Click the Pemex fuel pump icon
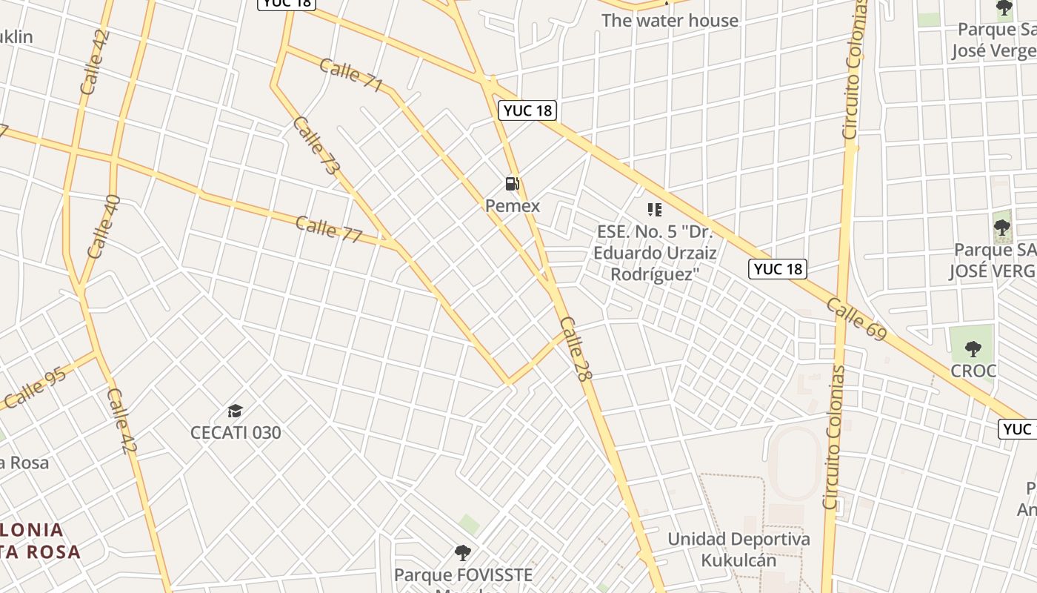click(x=512, y=184)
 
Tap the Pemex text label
click(x=513, y=206)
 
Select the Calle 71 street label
click(x=351, y=76)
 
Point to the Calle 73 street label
click(x=316, y=146)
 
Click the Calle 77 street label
click(x=329, y=230)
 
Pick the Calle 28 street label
click(x=576, y=349)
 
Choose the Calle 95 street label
click(x=35, y=388)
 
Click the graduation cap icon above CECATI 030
click(x=236, y=411)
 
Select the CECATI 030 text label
click(x=236, y=432)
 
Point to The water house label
click(x=670, y=20)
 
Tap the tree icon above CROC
click(x=973, y=348)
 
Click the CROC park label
click(x=973, y=371)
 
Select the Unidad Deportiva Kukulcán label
click(x=738, y=549)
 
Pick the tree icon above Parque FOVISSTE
click(x=463, y=552)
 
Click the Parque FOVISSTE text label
click(x=463, y=574)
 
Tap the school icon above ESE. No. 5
click(x=654, y=210)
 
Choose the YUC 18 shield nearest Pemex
click(x=527, y=110)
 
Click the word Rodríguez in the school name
click(x=656, y=274)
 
